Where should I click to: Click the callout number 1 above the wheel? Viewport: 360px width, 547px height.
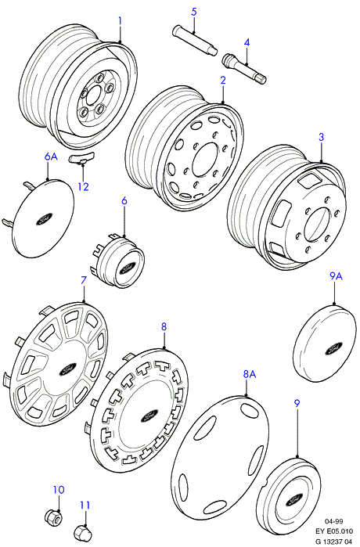120,21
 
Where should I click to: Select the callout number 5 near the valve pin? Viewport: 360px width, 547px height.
194,12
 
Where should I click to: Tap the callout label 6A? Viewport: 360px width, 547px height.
51,157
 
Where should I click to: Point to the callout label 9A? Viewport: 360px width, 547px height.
336,276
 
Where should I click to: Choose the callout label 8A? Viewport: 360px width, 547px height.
250,374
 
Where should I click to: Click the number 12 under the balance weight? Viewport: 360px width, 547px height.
84,186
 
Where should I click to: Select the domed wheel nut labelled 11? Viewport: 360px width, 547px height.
81,532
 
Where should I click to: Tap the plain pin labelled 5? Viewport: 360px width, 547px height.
195,40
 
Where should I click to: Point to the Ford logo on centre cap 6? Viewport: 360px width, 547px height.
125,269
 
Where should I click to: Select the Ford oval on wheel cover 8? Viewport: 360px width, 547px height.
150,416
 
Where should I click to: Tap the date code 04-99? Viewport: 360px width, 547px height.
334,521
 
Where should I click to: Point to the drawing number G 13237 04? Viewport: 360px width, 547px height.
334,541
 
